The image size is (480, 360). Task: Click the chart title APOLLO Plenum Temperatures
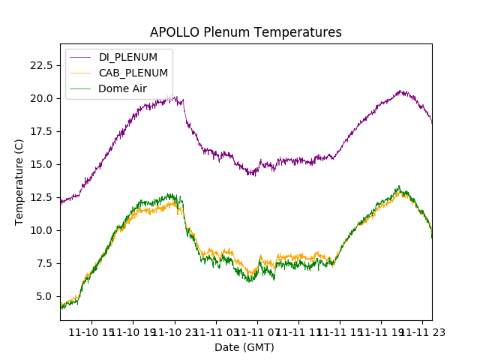(245, 32)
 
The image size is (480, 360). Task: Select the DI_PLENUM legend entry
(127, 57)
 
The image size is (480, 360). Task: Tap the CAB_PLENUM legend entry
(133, 73)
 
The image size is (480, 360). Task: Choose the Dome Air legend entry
(122, 88)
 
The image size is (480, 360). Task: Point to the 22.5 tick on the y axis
(40, 65)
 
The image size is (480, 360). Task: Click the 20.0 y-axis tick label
(40, 98)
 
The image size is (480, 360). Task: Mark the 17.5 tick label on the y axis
(40, 131)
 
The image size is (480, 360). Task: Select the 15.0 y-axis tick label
(40, 164)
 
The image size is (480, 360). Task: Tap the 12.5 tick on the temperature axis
(40, 197)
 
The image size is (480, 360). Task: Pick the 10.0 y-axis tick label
(40, 230)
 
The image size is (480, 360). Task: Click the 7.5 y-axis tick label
(43, 263)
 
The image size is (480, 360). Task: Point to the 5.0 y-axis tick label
(43, 296)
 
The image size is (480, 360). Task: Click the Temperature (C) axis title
(19, 182)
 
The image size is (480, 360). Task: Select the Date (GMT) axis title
(244, 347)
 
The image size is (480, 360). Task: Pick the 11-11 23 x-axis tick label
(421, 331)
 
